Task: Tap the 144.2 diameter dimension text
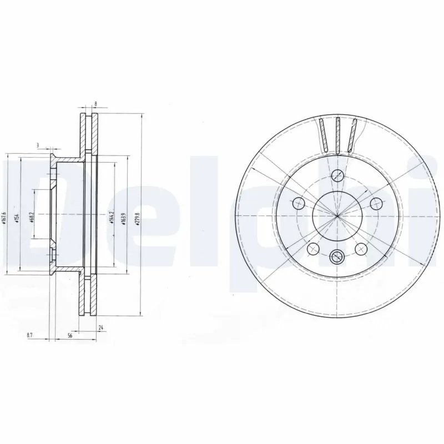point(112,214)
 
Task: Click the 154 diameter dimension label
point(17,216)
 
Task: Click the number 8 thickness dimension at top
point(96,104)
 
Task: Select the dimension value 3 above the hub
point(38,145)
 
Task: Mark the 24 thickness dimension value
point(100,328)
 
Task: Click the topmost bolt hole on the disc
point(336,176)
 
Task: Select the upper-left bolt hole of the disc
point(299,202)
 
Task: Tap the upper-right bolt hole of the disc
point(375,202)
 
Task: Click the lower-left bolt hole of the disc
point(312,248)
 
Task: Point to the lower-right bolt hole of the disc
point(361,248)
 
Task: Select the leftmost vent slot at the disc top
point(323,135)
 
